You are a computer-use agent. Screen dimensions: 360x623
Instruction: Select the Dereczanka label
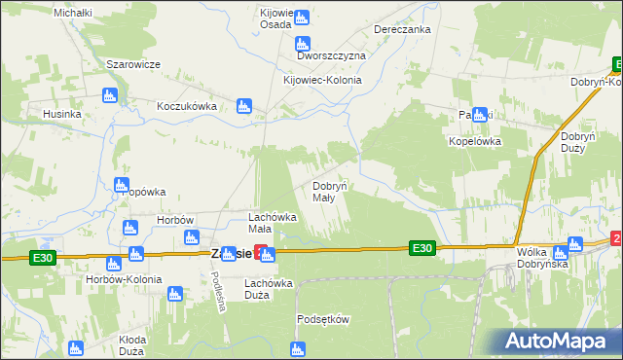coord(402,29)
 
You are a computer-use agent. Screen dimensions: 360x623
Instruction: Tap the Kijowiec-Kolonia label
coord(321,80)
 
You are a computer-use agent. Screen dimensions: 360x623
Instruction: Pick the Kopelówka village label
coord(474,140)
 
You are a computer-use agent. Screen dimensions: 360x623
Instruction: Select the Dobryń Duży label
coord(578,144)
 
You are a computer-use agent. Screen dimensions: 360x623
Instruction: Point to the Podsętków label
coord(322,318)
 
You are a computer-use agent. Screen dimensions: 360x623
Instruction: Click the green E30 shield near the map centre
coord(421,249)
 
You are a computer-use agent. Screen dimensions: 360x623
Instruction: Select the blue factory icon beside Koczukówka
coord(244,105)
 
